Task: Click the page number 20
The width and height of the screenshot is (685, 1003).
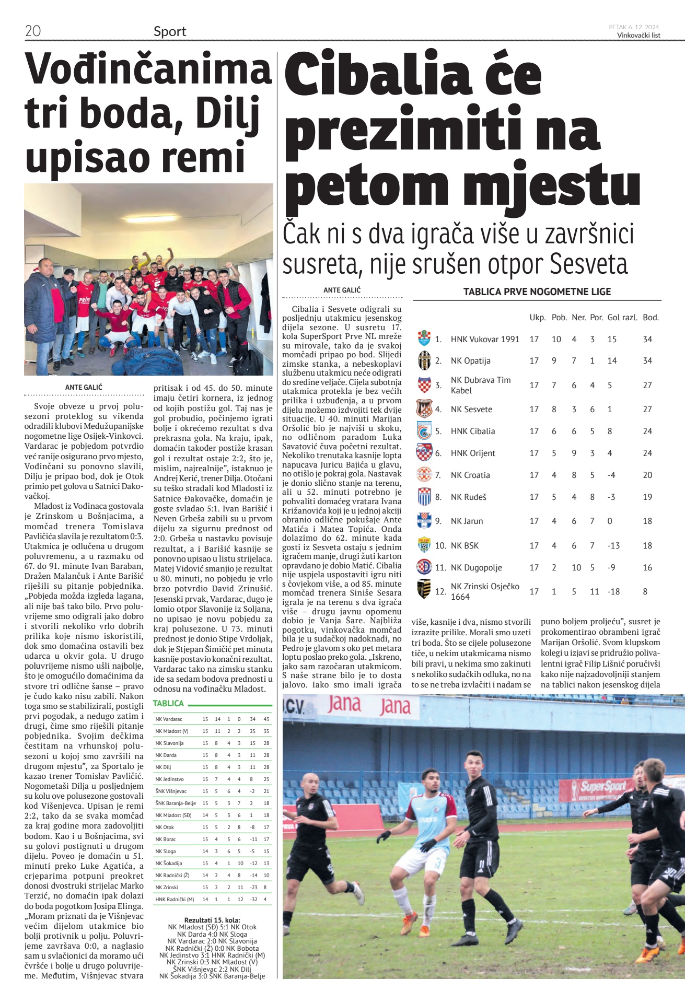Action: pos(33,31)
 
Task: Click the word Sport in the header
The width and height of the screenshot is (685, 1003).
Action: pos(170,31)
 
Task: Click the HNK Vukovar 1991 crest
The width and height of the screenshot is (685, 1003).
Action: pos(424,339)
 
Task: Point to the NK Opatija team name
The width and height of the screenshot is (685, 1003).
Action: pos(470,360)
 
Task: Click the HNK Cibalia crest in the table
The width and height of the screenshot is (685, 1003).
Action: pos(424,431)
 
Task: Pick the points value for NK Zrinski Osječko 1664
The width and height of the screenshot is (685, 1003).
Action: pos(645,591)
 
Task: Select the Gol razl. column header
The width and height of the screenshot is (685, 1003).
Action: pos(622,317)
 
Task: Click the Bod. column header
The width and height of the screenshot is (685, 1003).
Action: pos(651,317)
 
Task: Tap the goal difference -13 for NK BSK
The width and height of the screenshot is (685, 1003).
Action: pos(613,545)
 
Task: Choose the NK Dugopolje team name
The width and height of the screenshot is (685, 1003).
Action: pos(476,567)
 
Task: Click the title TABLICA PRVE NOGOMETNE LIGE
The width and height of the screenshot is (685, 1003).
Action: pos(537,291)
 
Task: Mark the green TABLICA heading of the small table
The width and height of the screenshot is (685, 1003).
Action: pos(168,703)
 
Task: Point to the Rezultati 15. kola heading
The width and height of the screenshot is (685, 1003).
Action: pos(212,920)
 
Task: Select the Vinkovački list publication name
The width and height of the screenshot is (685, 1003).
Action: pos(638,36)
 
